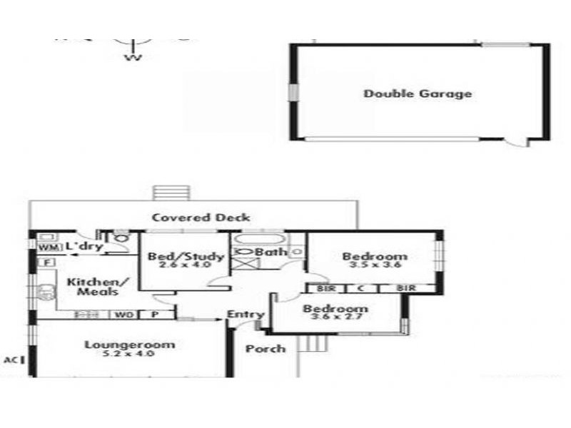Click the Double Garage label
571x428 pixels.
point(418,93)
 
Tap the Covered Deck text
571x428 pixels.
point(201,218)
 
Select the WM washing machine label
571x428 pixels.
point(48,247)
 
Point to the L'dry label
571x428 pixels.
point(84,247)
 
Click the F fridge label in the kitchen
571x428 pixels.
point(47,263)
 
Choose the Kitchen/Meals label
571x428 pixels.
point(98,286)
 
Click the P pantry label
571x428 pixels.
point(152,315)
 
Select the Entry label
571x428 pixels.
point(246,315)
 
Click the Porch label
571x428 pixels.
point(265,349)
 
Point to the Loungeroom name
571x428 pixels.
point(129,345)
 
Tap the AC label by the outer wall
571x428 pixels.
point(11,359)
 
